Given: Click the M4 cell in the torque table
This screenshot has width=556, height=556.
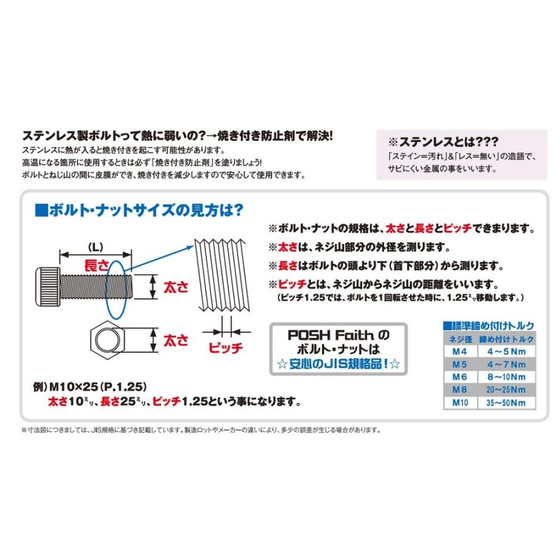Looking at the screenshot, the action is click(460, 352).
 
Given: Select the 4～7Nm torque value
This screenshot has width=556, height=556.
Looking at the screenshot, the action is click(507, 364).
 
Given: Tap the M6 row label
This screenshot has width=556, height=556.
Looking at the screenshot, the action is click(460, 377).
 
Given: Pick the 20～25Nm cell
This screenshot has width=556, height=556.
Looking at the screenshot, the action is click(507, 390).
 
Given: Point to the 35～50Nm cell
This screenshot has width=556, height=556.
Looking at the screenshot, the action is click(507, 403).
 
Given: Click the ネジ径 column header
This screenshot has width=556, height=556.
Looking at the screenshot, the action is click(460, 339).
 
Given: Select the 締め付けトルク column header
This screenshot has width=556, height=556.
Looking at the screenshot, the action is click(507, 339).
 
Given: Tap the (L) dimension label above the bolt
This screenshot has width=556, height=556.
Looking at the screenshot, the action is click(95, 246).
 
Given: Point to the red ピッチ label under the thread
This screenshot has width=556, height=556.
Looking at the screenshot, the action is click(225, 347).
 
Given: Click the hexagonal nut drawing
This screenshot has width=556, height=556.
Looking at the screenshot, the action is click(107, 340).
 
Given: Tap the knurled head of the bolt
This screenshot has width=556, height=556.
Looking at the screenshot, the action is click(48, 287).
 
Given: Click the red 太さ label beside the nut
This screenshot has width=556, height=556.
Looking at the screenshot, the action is click(176, 340).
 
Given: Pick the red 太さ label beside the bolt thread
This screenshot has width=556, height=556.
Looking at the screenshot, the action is click(176, 287).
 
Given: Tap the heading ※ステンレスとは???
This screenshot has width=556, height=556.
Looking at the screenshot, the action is click(443, 142).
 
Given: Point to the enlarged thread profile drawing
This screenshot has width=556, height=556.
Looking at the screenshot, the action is click(222, 275).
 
